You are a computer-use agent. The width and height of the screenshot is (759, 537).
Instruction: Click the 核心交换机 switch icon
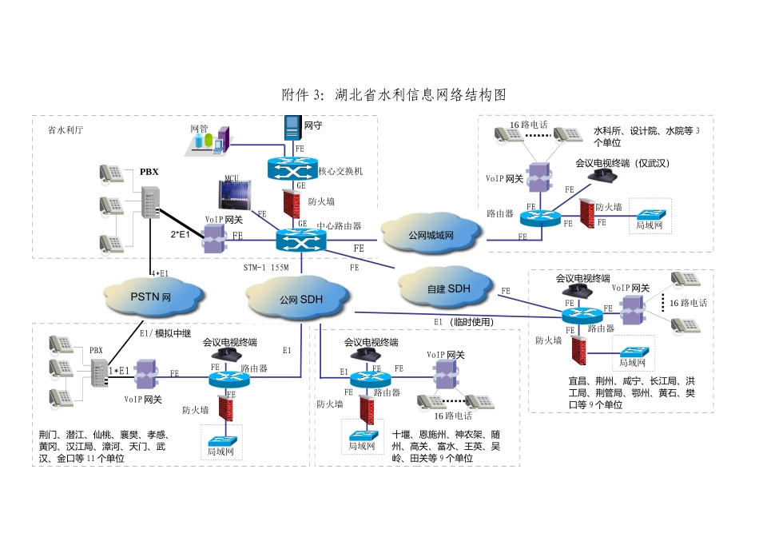pos(291,169)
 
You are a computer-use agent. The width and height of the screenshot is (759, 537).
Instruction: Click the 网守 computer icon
pos(291,129)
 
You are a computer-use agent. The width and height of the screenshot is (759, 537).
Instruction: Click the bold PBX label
pos(149,171)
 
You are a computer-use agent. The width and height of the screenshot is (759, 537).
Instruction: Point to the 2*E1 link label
pos(181,235)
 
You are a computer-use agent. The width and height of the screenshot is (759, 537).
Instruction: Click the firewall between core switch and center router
pos(292,200)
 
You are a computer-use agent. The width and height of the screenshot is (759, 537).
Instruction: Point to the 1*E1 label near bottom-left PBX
pos(118,371)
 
